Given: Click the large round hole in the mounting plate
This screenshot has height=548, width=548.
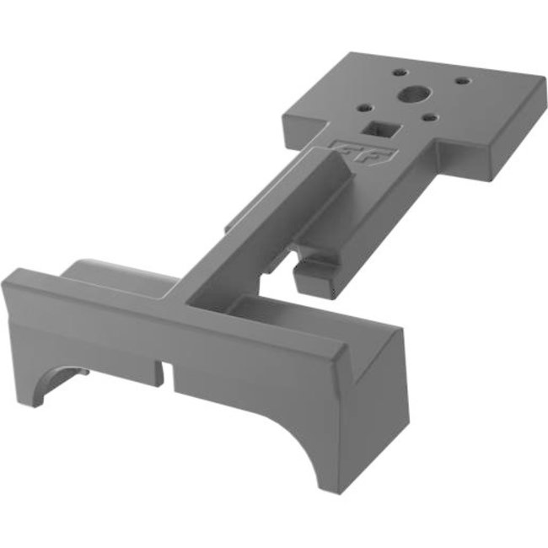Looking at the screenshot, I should tap(411, 94).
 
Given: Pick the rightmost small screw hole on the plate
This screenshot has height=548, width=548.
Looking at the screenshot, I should tap(461, 82).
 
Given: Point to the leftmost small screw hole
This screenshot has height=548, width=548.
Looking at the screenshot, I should tap(363, 107).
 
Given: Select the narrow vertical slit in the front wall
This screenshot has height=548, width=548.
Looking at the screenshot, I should tap(169, 371).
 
